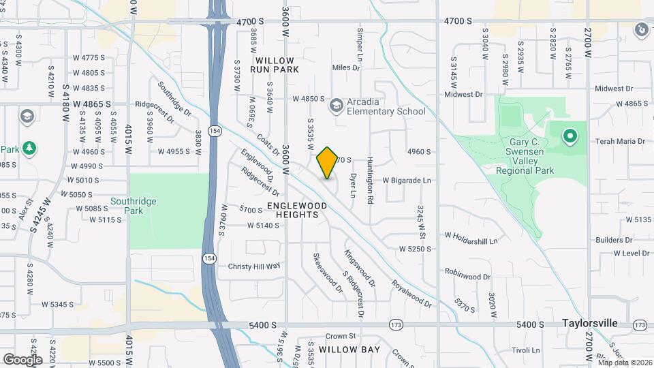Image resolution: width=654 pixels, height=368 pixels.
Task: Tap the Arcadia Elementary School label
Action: tap(386, 106)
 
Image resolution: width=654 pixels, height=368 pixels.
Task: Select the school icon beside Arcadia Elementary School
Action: tap(335, 106)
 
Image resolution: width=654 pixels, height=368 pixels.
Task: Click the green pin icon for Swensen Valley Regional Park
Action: tap(570, 136)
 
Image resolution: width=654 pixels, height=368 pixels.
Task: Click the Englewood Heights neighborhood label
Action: tap(293, 209)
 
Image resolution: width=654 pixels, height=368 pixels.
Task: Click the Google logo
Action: tap(22, 359)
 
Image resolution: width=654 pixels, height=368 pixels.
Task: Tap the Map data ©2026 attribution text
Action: tap(624, 362)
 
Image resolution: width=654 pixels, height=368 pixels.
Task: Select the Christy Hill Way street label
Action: tap(254, 266)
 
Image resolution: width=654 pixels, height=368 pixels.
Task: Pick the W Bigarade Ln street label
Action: tap(407, 181)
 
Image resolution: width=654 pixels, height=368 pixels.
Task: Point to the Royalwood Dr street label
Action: tap(411, 294)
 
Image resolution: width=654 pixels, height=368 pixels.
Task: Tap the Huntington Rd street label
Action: tap(371, 173)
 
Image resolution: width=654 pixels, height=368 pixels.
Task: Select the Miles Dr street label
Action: tap(345, 67)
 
